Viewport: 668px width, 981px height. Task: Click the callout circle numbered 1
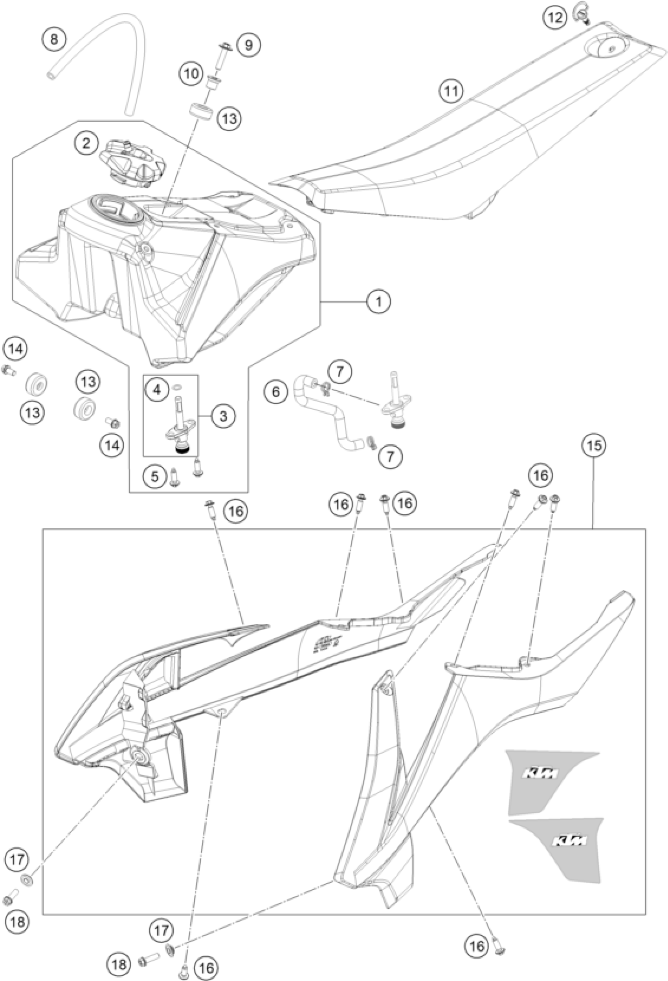pos(378,301)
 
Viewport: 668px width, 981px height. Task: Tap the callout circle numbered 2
pos(86,143)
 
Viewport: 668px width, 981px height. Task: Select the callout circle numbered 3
pos(223,416)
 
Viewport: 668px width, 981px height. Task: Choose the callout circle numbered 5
pos(155,477)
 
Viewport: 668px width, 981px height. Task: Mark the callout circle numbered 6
pos(275,392)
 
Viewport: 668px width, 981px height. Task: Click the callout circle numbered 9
pos(249,44)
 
